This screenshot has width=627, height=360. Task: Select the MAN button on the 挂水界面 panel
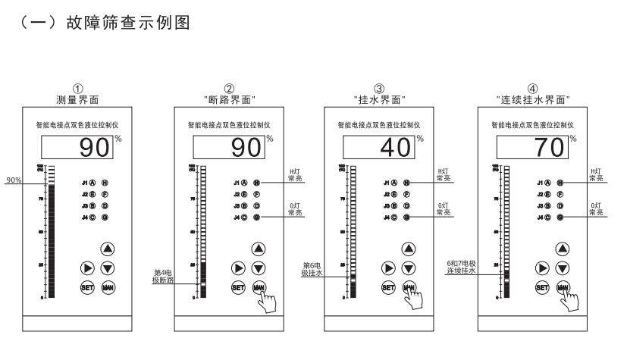409,287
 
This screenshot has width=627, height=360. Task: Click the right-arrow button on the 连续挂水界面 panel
541,268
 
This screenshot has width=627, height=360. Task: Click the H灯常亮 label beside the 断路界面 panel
292,176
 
